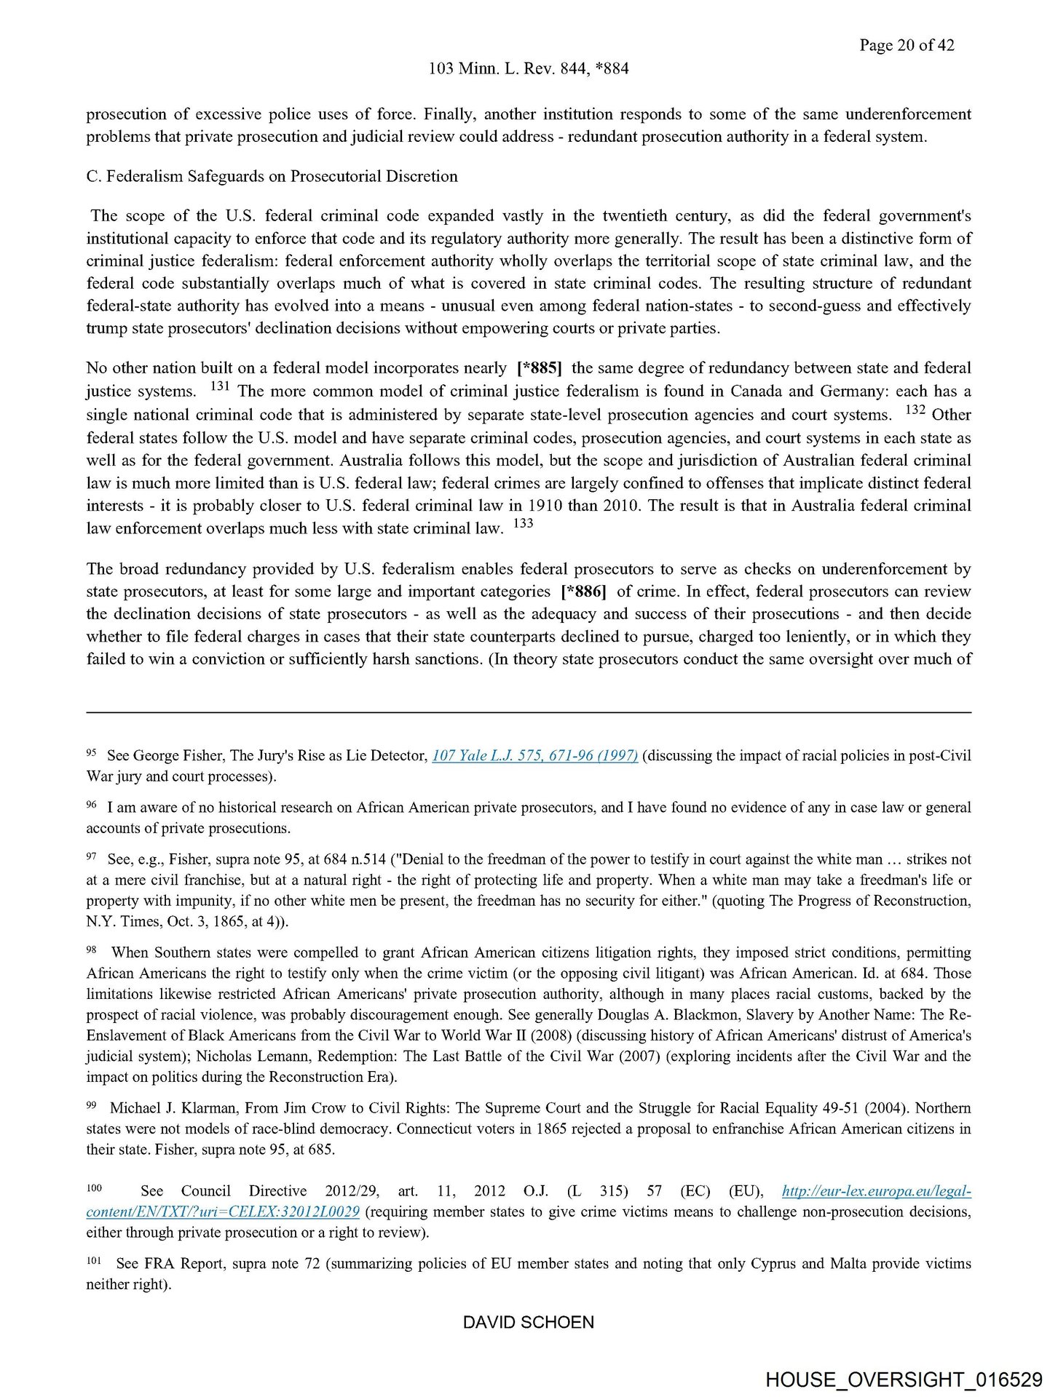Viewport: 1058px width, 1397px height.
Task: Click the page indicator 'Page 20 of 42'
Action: click(906, 45)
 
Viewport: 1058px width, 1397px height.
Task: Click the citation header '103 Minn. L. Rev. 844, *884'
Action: click(529, 68)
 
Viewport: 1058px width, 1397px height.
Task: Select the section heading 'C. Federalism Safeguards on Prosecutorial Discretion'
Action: click(272, 176)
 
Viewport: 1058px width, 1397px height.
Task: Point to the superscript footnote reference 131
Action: click(219, 387)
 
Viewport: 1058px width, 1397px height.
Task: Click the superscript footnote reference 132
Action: click(915, 410)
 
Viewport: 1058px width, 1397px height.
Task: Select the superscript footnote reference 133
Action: click(523, 524)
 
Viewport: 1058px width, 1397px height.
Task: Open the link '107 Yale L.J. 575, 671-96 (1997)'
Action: click(534, 756)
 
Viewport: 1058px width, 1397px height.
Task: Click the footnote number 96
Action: click(92, 805)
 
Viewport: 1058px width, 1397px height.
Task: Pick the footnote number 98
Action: click(92, 950)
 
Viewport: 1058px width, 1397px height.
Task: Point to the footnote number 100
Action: click(94, 1188)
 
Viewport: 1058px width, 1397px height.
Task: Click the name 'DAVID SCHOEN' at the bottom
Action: click(529, 1322)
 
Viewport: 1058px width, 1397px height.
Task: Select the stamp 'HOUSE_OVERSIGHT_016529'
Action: click(904, 1380)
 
